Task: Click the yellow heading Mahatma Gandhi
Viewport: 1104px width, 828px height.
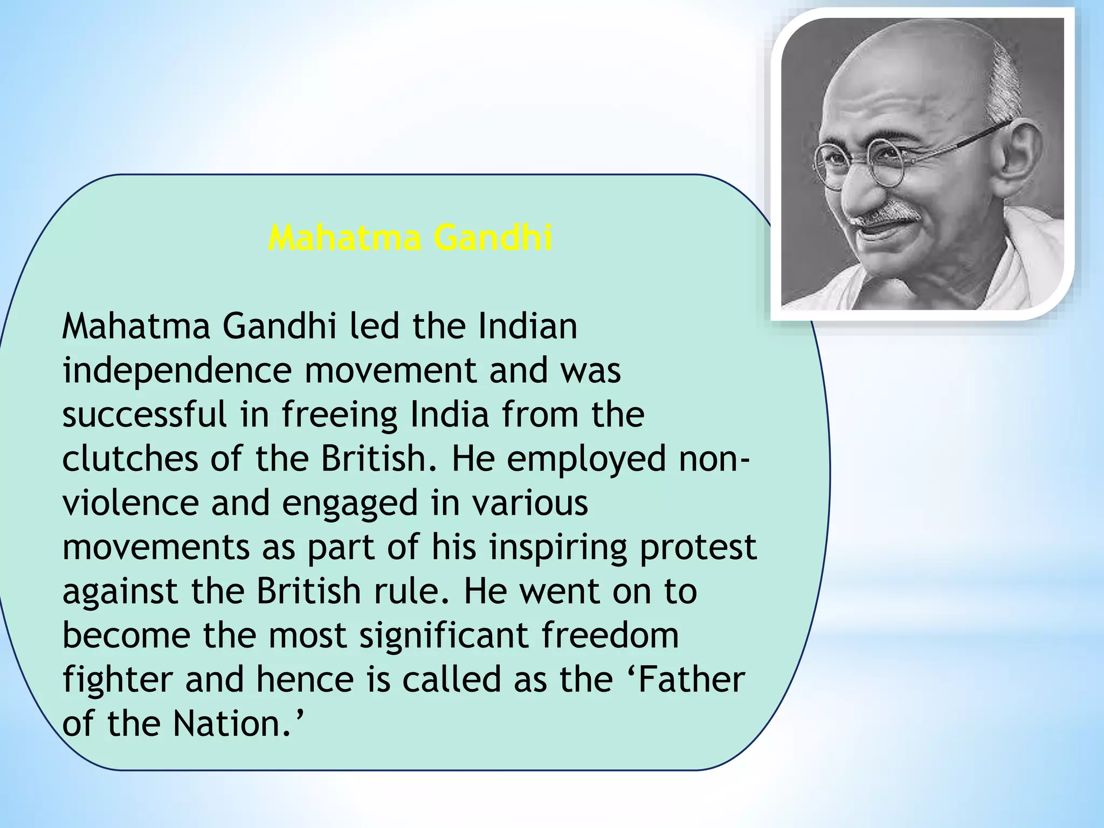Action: (x=410, y=238)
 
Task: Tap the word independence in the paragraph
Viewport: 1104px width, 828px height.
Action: (x=177, y=371)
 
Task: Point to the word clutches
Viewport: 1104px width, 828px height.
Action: (x=130, y=459)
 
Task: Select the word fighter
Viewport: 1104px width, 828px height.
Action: (x=118, y=680)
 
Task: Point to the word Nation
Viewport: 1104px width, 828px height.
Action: (x=233, y=723)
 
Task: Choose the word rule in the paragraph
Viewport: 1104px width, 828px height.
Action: (x=413, y=591)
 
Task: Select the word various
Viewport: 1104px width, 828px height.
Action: (x=530, y=503)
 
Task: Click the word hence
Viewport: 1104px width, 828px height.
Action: (x=305, y=680)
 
